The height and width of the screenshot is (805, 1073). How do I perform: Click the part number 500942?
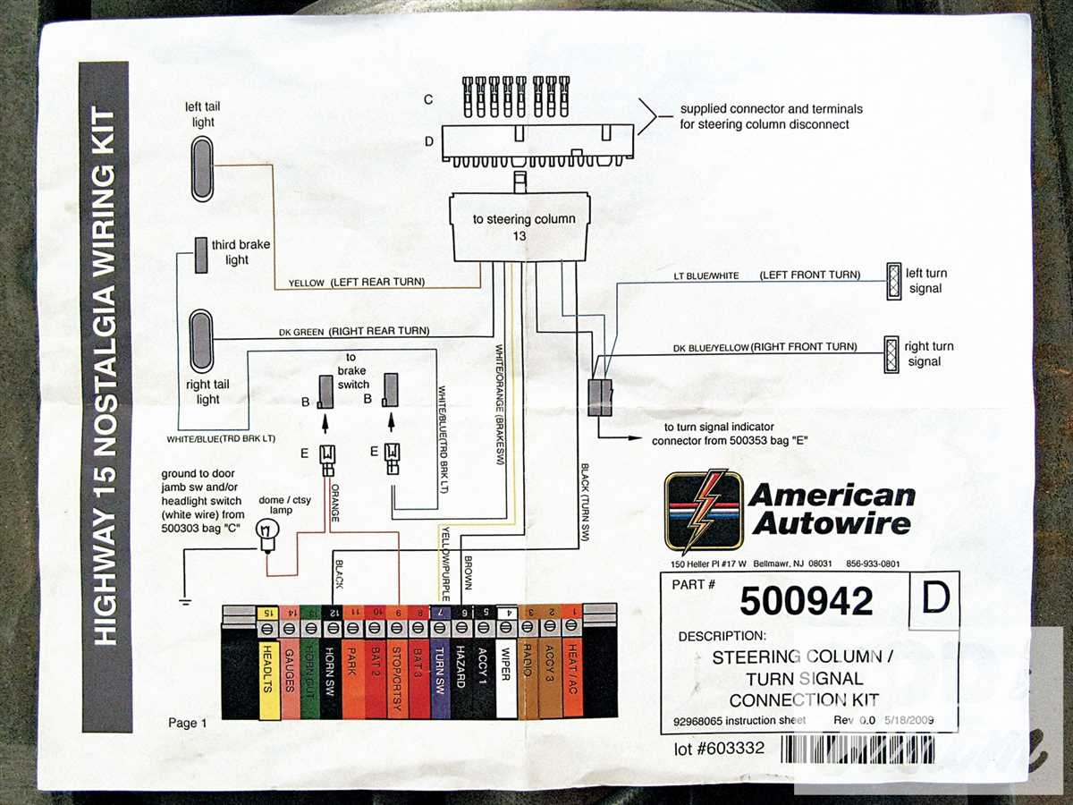click(x=806, y=602)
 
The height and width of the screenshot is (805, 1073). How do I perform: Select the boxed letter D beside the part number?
click(x=933, y=600)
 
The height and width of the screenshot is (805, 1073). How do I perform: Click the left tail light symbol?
click(x=203, y=169)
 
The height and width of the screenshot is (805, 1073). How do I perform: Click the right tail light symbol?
click(x=202, y=342)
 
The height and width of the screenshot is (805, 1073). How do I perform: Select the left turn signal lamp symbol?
click(x=891, y=281)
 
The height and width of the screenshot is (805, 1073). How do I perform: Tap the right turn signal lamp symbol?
click(x=891, y=352)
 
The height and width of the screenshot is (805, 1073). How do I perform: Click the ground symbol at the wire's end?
click(x=184, y=600)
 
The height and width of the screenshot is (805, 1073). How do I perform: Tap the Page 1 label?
click(x=187, y=723)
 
